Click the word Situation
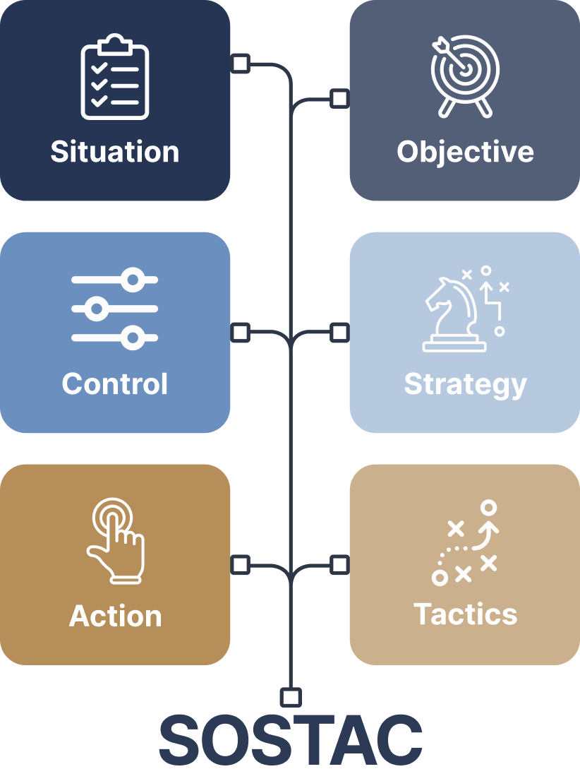(x=114, y=151)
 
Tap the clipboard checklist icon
(x=115, y=77)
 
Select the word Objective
(x=465, y=153)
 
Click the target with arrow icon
(x=465, y=76)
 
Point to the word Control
(x=115, y=384)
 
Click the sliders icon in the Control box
(x=114, y=309)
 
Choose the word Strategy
(x=465, y=385)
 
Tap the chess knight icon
(x=454, y=315)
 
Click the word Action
(x=115, y=616)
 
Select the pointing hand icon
(x=116, y=540)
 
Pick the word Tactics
(x=465, y=614)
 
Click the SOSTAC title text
(x=290, y=739)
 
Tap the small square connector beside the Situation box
(x=241, y=64)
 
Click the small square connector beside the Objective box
(x=340, y=98)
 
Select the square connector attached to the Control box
(x=241, y=332)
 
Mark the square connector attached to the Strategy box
(x=340, y=332)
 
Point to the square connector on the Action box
(x=241, y=565)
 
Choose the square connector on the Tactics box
(x=340, y=565)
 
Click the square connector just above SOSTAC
(x=291, y=698)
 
